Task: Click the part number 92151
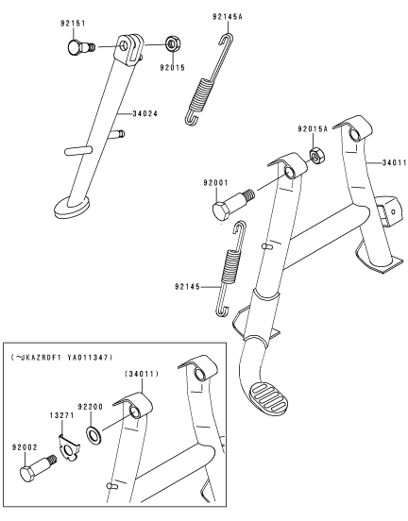73,24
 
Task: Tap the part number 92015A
313,128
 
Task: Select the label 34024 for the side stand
145,113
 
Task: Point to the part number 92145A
228,16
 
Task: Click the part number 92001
215,182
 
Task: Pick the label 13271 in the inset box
62,415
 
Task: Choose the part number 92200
91,407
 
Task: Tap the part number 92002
25,447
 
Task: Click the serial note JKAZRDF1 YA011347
61,358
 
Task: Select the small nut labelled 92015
172,43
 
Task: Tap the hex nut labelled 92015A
317,155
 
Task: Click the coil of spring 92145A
201,94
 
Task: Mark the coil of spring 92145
230,266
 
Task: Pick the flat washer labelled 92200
94,436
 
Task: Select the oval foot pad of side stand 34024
72,207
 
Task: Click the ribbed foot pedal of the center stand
268,399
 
